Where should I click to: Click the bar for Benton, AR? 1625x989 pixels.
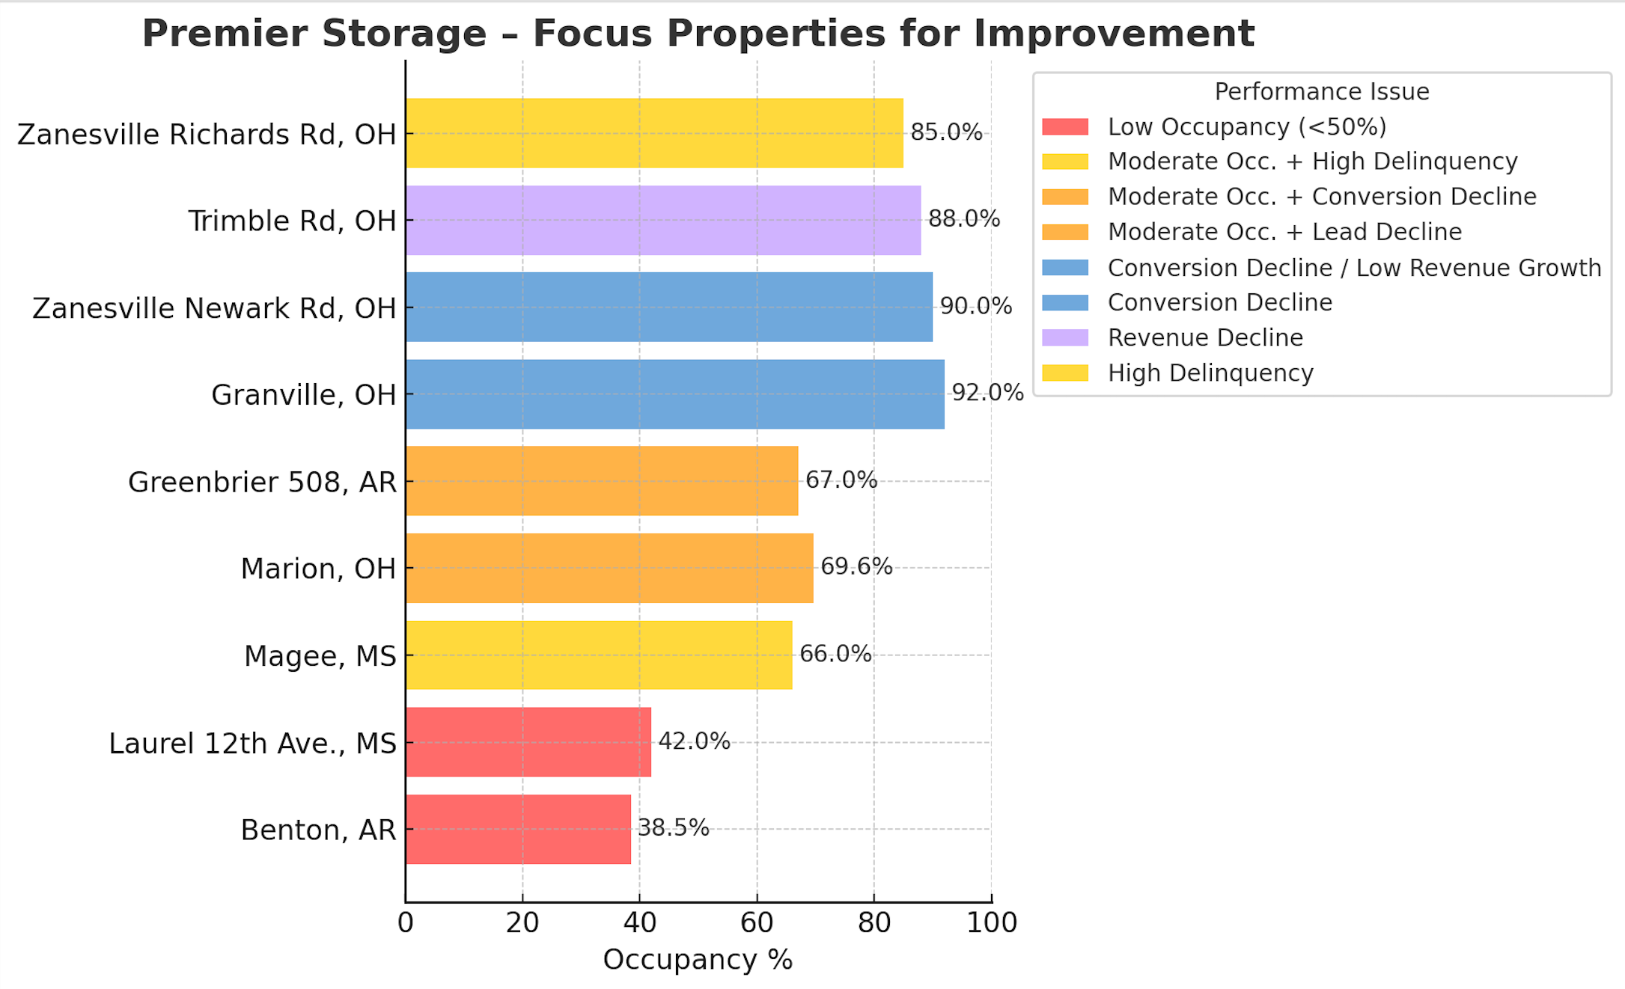tap(518, 829)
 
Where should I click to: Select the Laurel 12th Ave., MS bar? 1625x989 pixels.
tap(528, 742)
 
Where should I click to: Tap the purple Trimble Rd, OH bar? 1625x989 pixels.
tap(663, 221)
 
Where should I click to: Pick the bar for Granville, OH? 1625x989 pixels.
tap(674, 394)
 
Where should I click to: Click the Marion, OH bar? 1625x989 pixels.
tap(609, 568)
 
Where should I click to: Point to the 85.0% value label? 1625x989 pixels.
tap(946, 132)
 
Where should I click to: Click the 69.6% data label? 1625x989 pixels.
tap(856, 566)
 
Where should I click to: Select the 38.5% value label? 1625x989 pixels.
tap(673, 827)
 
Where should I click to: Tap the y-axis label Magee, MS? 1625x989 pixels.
tap(320, 656)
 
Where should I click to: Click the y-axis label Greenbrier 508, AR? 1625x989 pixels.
tap(262, 483)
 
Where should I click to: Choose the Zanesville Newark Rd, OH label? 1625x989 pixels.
tap(214, 308)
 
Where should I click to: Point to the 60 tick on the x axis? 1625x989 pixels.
tap(757, 923)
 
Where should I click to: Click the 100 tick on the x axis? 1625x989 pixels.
tap(992, 923)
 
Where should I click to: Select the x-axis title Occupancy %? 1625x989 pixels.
tap(698, 960)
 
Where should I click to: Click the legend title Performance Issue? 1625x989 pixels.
tap(1322, 91)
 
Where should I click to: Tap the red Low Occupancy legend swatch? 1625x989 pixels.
tap(1065, 127)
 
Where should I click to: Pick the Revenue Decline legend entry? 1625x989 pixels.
tap(1205, 337)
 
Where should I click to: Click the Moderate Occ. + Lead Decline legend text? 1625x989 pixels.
tap(1284, 232)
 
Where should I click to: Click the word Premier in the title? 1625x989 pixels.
tap(241, 34)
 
